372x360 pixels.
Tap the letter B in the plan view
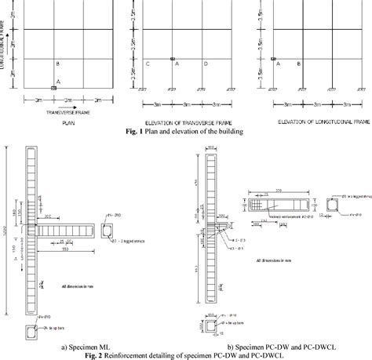tap(57, 64)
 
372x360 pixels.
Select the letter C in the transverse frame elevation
tap(147, 64)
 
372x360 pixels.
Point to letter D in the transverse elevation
tap(206, 64)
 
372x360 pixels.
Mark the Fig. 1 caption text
tap(185, 132)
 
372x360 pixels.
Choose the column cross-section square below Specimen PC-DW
tap(210, 323)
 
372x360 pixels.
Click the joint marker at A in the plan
tap(53, 89)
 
